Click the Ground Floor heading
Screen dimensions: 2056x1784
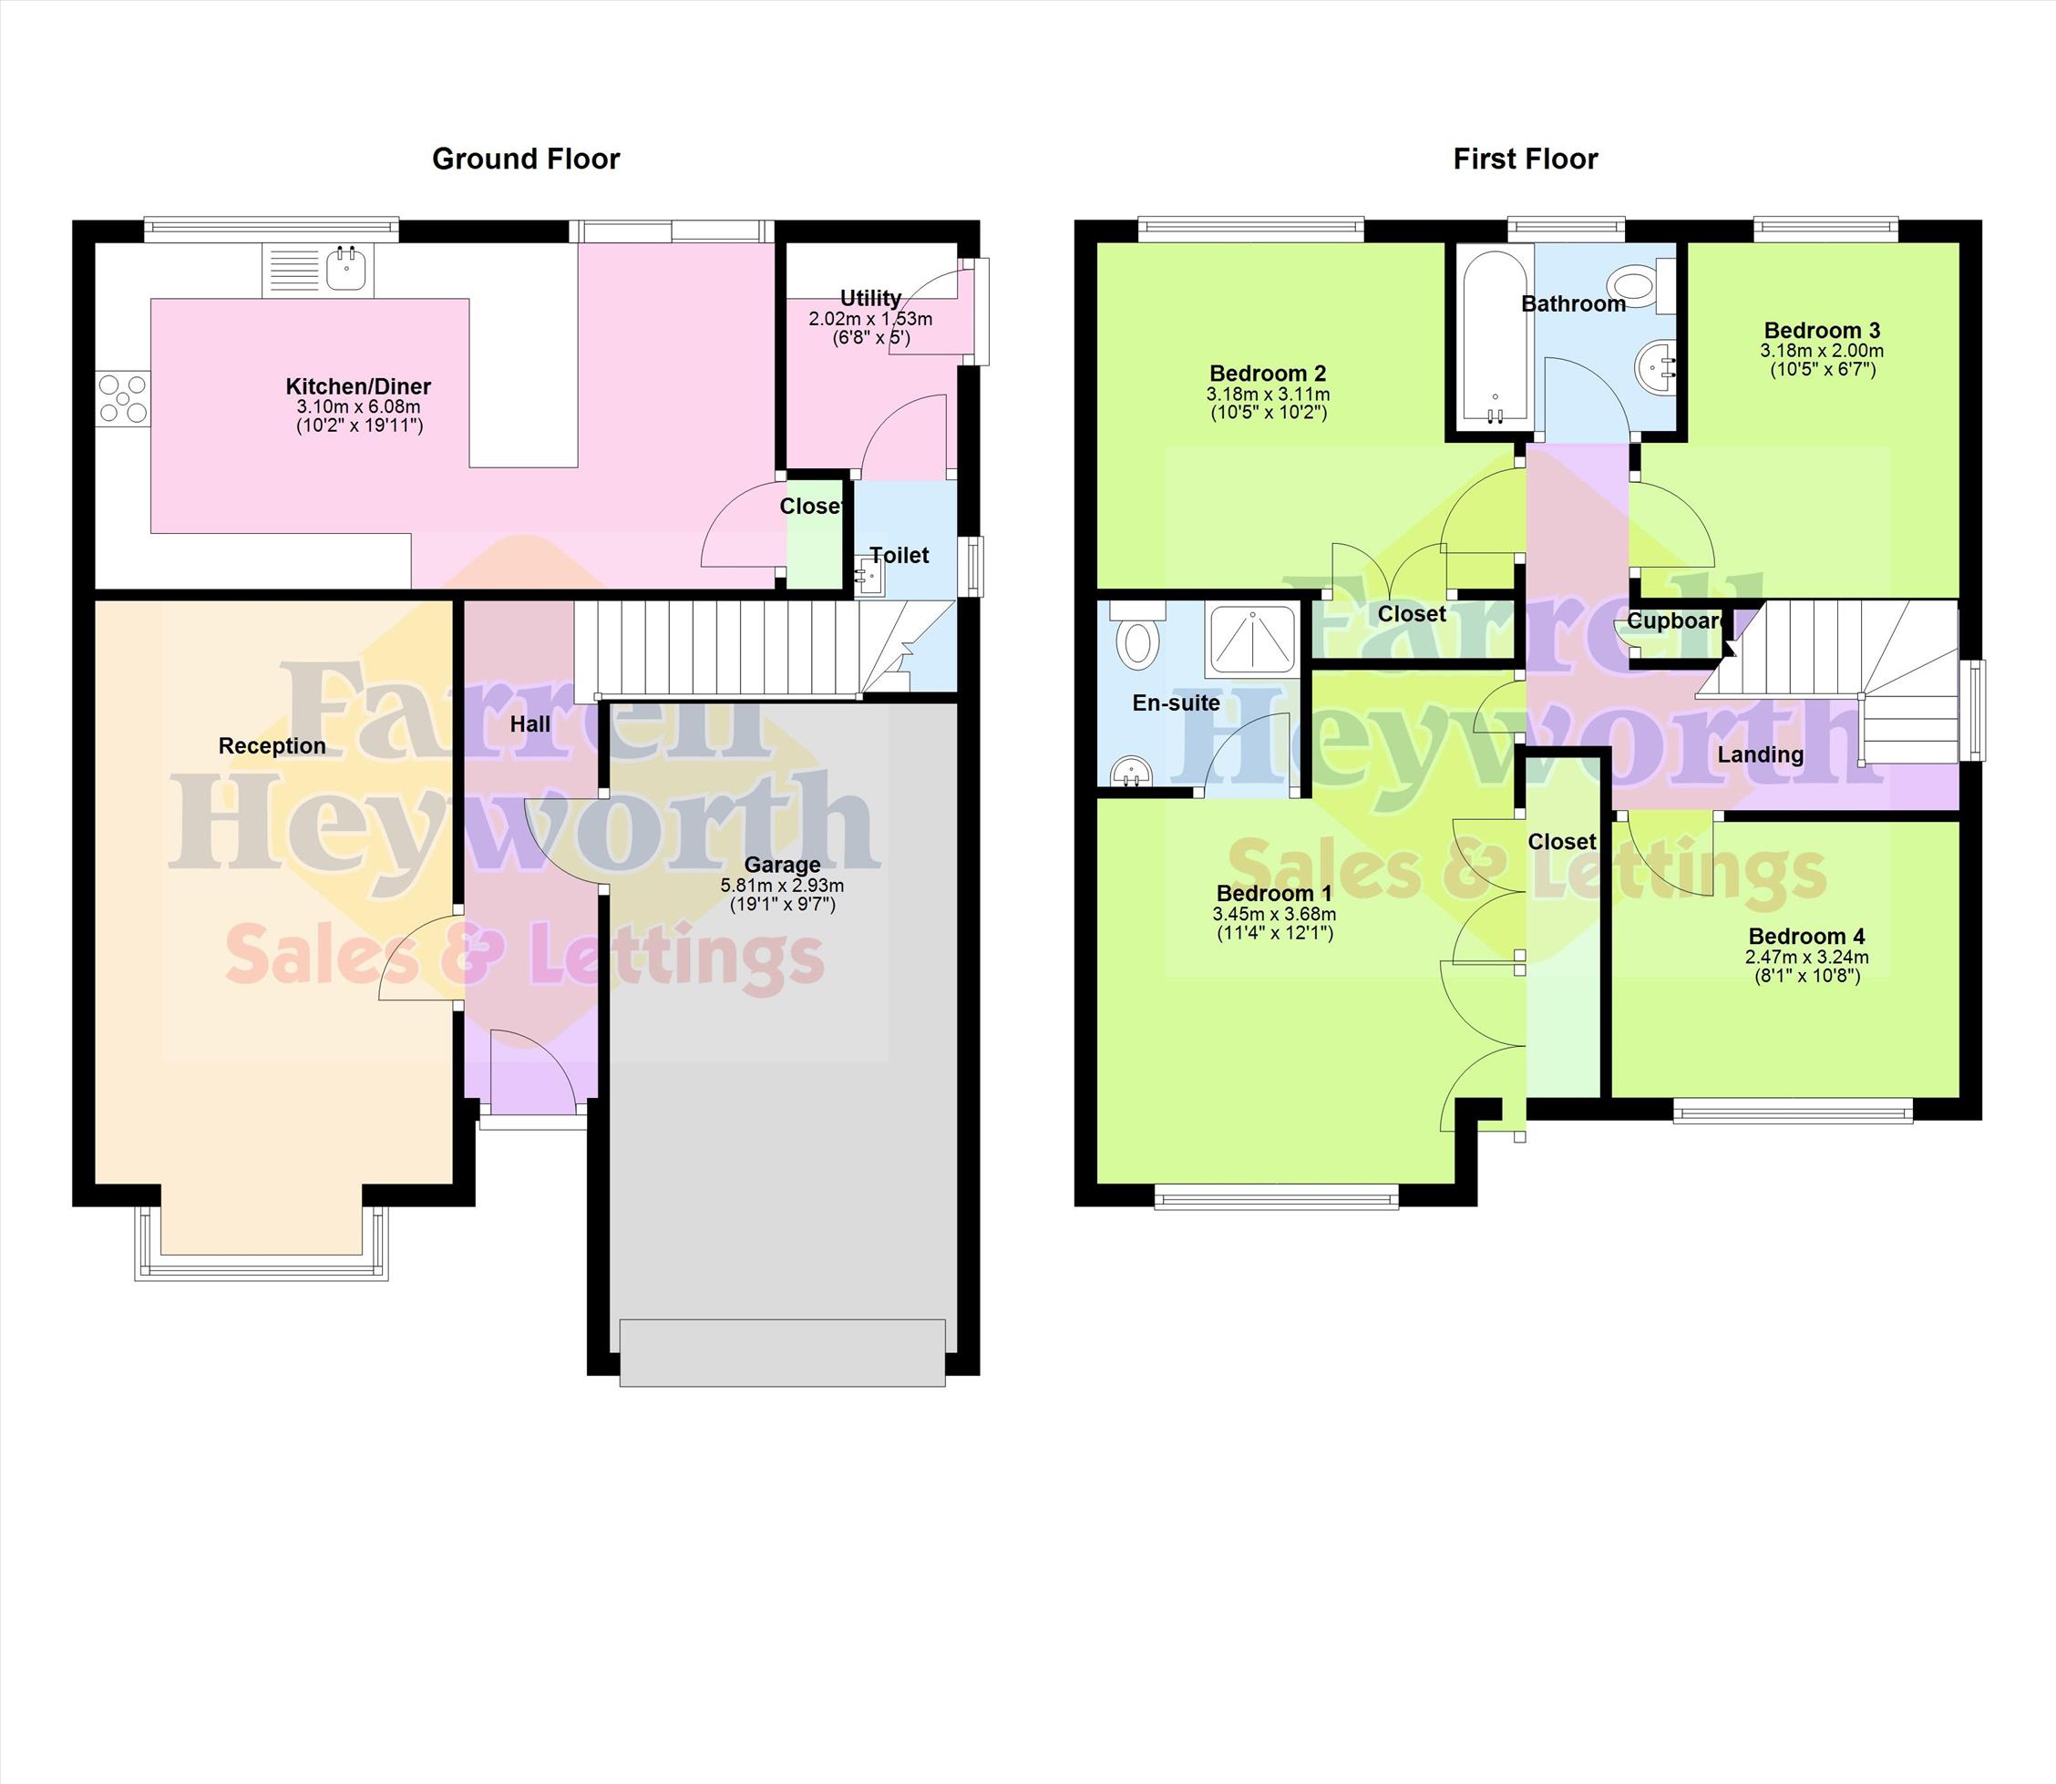pyautogui.click(x=526, y=159)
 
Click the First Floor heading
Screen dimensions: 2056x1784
pyautogui.click(x=1526, y=159)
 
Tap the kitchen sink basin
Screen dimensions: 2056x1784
pyautogui.click(x=347, y=269)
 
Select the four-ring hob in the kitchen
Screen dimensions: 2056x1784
pyautogui.click(x=122, y=398)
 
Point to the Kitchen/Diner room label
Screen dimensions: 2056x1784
pyautogui.click(x=358, y=386)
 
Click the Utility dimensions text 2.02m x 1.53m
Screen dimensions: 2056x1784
pyautogui.click(x=870, y=320)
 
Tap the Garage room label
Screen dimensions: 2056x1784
pyautogui.click(x=783, y=864)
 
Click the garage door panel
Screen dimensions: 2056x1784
pyautogui.click(x=783, y=1352)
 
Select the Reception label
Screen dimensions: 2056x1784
pyautogui.click(x=272, y=745)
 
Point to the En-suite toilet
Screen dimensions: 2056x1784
pyautogui.click(x=1136, y=636)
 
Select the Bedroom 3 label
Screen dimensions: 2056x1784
pyautogui.click(x=1822, y=330)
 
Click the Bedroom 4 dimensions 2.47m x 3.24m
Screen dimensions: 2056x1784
pyautogui.click(x=1807, y=957)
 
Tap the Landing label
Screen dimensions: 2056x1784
pyautogui.click(x=1761, y=754)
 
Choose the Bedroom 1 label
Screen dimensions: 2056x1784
pyautogui.click(x=1274, y=893)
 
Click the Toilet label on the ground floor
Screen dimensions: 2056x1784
pyautogui.click(x=899, y=556)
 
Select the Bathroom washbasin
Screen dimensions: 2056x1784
pyautogui.click(x=1657, y=366)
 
